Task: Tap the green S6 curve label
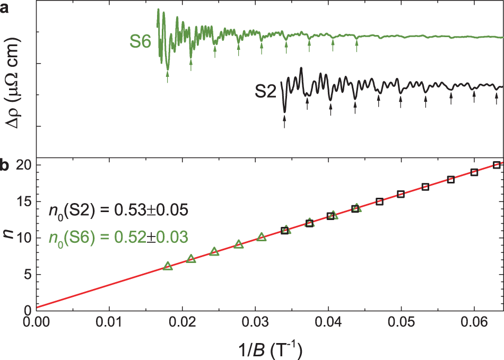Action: pos(142,41)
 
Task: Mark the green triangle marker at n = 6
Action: pos(168,266)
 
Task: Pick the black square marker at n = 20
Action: pos(497,165)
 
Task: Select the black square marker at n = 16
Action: pos(401,194)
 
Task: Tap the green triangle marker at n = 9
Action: pos(239,244)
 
